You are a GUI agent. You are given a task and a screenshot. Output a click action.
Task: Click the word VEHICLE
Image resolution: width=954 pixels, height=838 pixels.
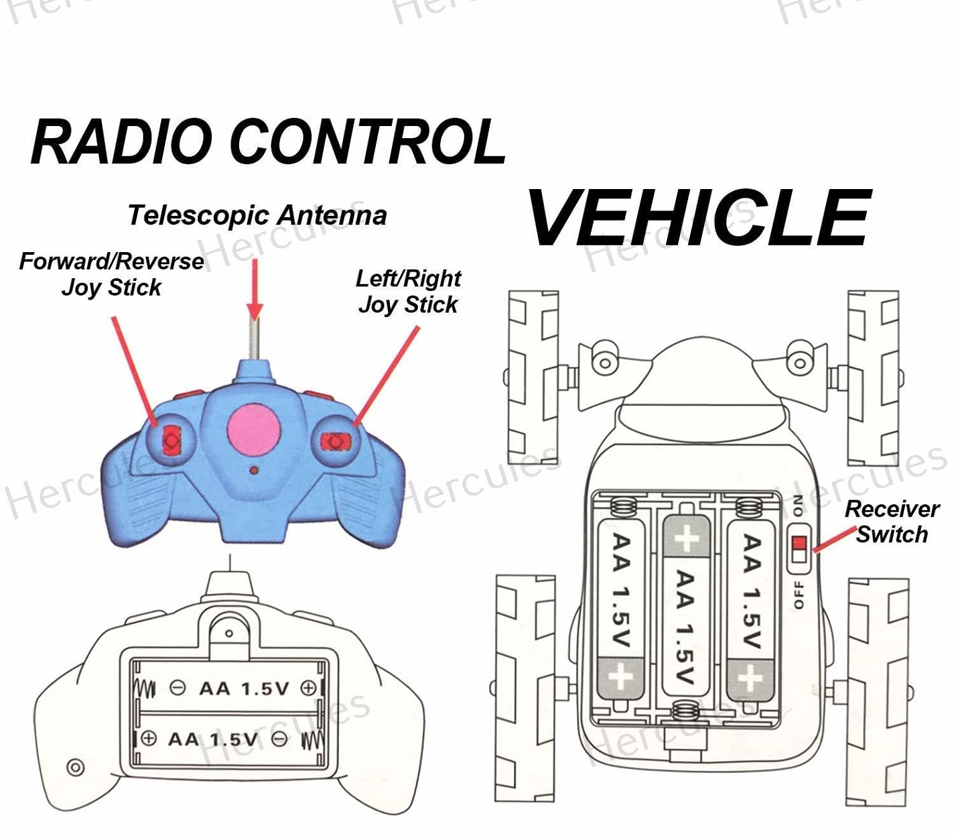pos(699,217)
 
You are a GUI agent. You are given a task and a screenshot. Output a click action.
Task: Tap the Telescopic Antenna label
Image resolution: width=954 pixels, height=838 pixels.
pos(257,215)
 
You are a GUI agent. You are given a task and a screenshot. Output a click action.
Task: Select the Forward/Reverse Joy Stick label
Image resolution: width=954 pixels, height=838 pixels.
pos(111,274)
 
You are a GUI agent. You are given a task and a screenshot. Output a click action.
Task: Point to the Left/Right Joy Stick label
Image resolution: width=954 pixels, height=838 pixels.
pos(408,291)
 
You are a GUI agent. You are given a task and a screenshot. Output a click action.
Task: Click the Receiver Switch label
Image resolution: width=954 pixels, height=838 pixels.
pos(892,522)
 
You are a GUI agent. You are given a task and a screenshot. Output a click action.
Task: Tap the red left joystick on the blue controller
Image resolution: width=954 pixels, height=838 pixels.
pos(171,440)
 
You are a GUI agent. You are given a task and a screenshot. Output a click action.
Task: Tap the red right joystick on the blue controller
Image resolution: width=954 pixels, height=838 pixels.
pos(336,441)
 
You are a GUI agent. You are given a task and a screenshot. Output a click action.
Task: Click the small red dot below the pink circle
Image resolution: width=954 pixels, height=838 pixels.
pos(254,471)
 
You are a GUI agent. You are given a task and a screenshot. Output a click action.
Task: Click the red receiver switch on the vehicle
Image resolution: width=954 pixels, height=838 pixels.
pos(798,550)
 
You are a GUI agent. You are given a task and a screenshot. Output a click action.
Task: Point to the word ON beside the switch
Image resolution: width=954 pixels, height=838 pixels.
pos(797,505)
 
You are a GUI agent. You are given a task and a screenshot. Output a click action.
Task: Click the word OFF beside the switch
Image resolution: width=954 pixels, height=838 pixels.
pos(799,595)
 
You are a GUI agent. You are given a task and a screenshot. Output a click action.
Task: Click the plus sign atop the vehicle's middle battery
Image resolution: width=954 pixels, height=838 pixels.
pos(685,538)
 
